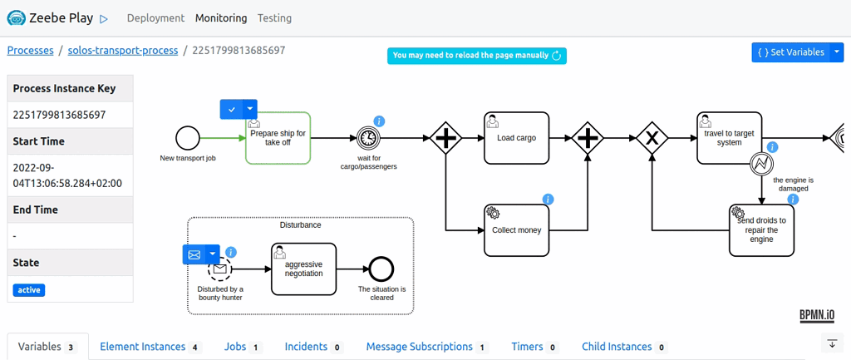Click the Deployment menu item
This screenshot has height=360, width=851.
pos(156,17)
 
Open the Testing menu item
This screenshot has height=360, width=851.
pos(274,17)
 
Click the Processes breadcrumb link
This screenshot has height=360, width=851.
pos(30,50)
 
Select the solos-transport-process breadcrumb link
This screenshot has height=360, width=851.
pos(123,50)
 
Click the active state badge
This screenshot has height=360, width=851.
pos(29,290)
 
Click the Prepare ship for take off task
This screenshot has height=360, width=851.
pos(278,138)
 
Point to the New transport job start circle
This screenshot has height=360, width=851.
pos(188,138)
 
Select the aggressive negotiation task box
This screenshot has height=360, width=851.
pos(303,269)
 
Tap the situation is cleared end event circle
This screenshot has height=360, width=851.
pos(381,269)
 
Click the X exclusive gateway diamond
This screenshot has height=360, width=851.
pos(652,138)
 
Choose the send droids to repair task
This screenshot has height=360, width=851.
pos(761,230)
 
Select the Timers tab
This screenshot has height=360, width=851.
pos(527,347)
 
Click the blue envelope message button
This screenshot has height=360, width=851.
pos(194,254)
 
